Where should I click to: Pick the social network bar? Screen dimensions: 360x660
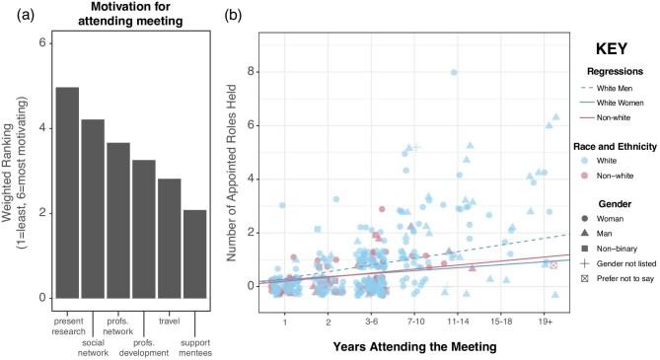pos(93,208)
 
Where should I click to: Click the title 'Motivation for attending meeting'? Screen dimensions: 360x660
pos(133,21)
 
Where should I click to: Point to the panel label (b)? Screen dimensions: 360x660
pos(233,14)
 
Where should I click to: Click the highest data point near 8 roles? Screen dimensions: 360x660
pos(454,72)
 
